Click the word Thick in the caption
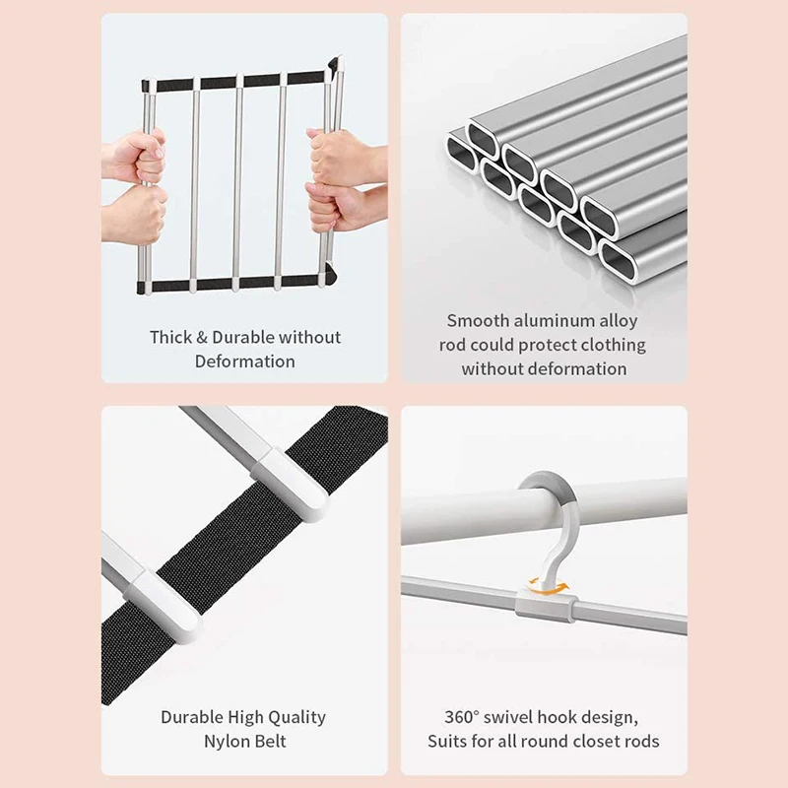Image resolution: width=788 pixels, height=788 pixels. (x=170, y=337)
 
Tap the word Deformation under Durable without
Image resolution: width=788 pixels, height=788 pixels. (x=244, y=361)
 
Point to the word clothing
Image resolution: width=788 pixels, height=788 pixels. (x=611, y=345)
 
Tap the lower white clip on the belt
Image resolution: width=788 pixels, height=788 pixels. (x=167, y=601)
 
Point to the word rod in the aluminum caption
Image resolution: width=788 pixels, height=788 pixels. (x=456, y=345)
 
